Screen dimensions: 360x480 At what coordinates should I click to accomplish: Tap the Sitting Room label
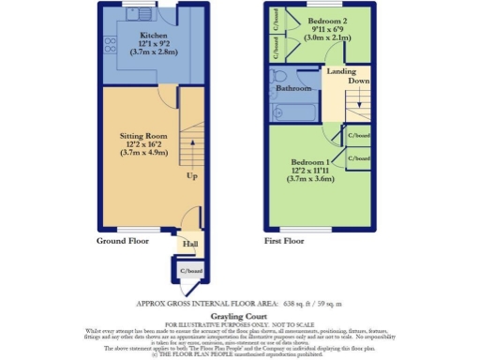pos(143,137)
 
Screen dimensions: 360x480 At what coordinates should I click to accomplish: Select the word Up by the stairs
pos(191,175)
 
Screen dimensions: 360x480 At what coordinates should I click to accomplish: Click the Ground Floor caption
pos(125,241)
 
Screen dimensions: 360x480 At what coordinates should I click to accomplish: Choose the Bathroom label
pos(292,89)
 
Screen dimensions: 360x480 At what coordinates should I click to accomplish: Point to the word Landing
pos(340,71)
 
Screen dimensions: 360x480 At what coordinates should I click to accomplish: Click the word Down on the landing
pos(357,82)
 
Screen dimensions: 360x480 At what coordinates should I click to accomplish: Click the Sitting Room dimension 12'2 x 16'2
pos(143,145)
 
